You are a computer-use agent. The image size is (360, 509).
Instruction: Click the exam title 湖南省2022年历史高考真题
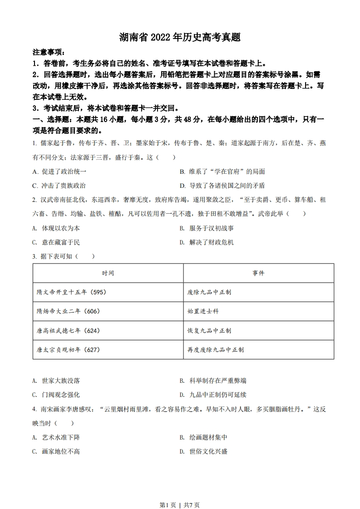(x=180, y=37)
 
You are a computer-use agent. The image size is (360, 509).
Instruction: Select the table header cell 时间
(x=108, y=273)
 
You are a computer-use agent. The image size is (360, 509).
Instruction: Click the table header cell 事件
(x=258, y=273)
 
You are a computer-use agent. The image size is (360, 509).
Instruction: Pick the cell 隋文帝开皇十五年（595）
(x=72, y=292)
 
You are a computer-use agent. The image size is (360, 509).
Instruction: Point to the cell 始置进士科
(x=203, y=311)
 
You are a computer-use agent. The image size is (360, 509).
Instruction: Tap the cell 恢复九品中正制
(x=209, y=331)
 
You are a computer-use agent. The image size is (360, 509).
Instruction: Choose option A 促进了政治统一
(x=59, y=171)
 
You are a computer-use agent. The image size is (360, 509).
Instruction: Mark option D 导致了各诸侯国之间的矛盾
(x=222, y=186)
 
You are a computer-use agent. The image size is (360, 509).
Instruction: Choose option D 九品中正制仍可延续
(x=213, y=395)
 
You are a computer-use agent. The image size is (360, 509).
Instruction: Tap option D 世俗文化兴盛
(x=203, y=451)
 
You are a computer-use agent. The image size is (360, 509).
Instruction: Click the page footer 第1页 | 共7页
(x=180, y=492)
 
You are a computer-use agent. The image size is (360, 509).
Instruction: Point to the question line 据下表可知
(x=64, y=256)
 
